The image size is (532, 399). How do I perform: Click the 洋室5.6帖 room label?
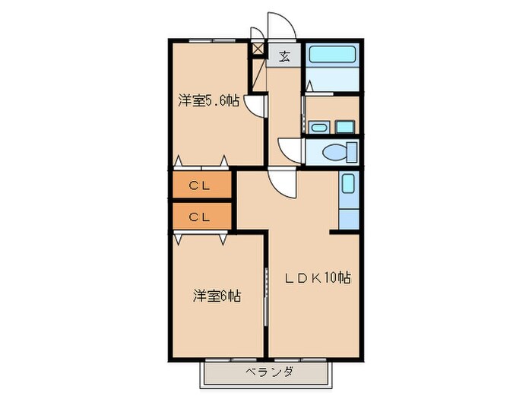pyautogui.click(x=209, y=100)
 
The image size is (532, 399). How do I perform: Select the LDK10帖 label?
pyautogui.click(x=318, y=278)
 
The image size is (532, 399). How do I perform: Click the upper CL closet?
pyautogui.click(x=201, y=185)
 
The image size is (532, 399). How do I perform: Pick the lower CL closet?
pyautogui.click(x=201, y=216)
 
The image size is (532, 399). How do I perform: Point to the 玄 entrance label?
pyautogui.click(x=283, y=55)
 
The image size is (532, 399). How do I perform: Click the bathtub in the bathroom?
pyautogui.click(x=331, y=56)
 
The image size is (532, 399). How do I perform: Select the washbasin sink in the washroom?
pyautogui.click(x=317, y=127)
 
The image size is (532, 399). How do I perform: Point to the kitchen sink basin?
pyautogui.click(x=347, y=184)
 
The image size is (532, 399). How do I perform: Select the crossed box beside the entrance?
pyautogui.click(x=259, y=50)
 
